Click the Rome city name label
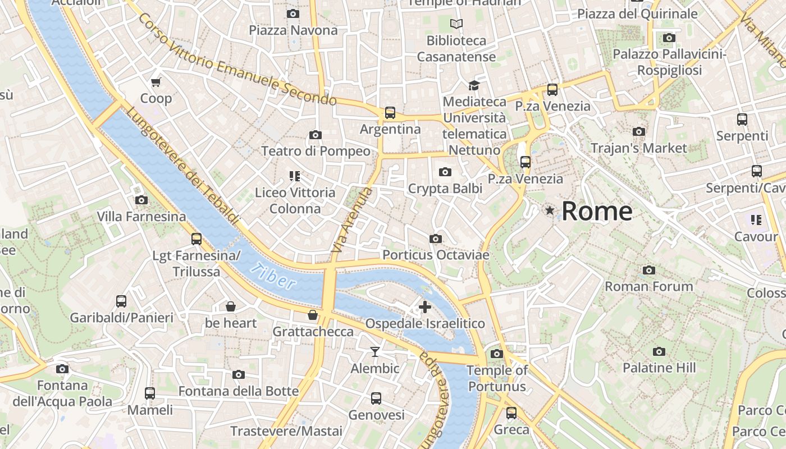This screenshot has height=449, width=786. (x=597, y=211)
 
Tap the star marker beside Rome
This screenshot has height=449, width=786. (x=550, y=210)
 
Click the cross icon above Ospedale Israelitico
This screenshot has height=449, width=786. (x=425, y=306)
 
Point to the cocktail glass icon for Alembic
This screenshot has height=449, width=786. (x=375, y=352)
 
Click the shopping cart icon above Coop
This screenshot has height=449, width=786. (x=156, y=82)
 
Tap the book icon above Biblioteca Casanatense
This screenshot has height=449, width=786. (x=456, y=24)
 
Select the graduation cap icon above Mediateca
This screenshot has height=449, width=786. (x=474, y=85)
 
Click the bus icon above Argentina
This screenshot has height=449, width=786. (x=390, y=113)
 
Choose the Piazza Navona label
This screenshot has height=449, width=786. (x=293, y=30)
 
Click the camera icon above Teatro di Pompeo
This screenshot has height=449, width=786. (x=316, y=135)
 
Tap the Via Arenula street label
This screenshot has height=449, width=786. (x=352, y=221)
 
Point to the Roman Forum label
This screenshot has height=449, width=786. (x=648, y=286)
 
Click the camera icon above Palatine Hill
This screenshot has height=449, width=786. (x=659, y=352)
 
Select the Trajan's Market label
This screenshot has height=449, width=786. (x=638, y=148)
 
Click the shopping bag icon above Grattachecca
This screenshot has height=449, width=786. (x=313, y=315)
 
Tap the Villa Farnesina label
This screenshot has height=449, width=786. (x=141, y=217)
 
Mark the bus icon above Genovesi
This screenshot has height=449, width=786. (x=376, y=398)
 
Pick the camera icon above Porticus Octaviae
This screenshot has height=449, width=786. (x=435, y=239)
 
